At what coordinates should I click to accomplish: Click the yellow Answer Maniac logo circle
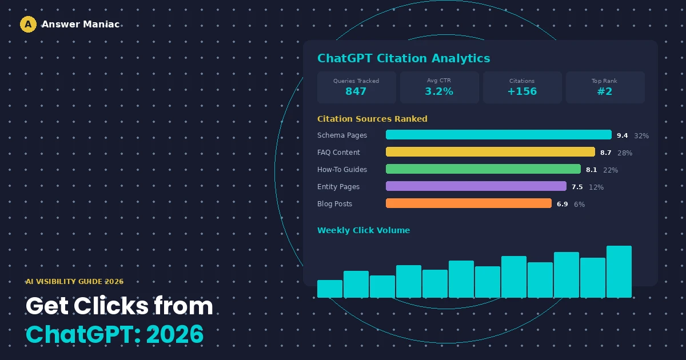(28, 24)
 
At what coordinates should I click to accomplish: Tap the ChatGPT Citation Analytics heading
(404, 58)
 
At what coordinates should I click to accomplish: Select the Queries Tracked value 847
(356, 91)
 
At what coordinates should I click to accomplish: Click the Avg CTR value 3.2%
(439, 91)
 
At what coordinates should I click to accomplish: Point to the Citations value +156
(522, 91)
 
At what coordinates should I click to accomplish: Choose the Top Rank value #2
(605, 91)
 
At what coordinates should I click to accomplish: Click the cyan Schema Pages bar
(498, 135)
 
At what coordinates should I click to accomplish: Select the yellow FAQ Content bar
(490, 152)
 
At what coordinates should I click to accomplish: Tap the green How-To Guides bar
(483, 169)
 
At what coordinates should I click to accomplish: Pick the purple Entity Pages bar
(476, 186)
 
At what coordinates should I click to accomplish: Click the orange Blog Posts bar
(469, 203)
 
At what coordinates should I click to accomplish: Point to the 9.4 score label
(623, 135)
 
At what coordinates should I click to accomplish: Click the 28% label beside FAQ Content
(625, 153)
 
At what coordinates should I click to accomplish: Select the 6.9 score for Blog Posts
(563, 204)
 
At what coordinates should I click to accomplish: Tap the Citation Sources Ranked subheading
(372, 119)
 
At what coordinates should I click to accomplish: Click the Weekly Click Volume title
(364, 230)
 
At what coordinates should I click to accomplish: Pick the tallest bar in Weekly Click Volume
(619, 271)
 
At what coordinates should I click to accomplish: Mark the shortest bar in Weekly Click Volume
(330, 289)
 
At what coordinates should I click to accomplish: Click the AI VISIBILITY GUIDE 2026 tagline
(74, 282)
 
